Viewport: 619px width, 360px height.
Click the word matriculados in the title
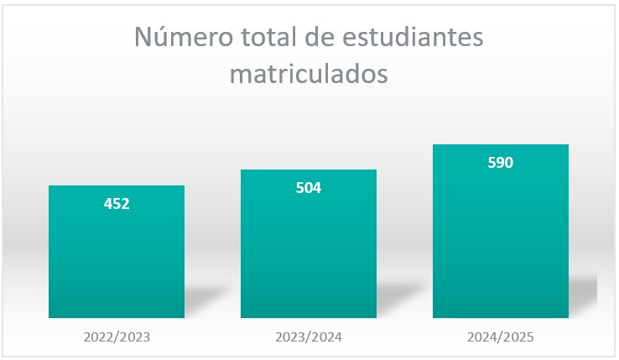point(309,74)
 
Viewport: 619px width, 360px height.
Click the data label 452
point(117,203)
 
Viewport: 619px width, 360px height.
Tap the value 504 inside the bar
point(309,187)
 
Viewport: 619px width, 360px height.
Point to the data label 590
point(501,163)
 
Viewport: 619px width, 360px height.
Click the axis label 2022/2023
point(117,337)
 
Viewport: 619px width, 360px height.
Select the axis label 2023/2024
point(309,337)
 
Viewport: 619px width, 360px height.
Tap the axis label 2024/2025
point(501,337)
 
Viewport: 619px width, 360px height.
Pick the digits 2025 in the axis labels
point(518,337)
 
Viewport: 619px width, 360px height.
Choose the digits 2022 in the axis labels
point(99,337)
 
